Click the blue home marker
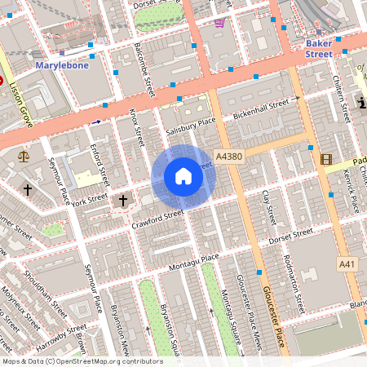(183, 175)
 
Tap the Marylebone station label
(63, 64)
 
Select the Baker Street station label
(319, 48)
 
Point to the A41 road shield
(348, 264)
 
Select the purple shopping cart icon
(219, 22)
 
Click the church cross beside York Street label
(124, 200)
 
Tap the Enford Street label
(100, 162)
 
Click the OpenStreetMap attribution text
(82, 360)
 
